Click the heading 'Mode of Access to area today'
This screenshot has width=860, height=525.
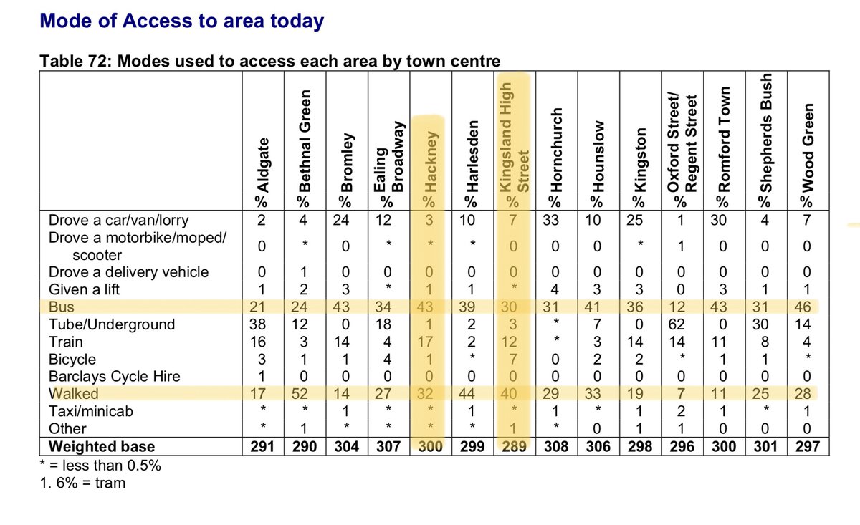pyautogui.click(x=182, y=21)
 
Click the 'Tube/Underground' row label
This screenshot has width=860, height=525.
pyautogui.click(x=111, y=324)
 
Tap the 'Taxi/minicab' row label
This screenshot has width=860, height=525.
pyautogui.click(x=91, y=411)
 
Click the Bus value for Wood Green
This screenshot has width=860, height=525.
pyautogui.click(x=806, y=307)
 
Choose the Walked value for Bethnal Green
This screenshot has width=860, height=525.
pyautogui.click(x=303, y=394)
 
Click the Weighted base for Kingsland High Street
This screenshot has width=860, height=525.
pyautogui.click(x=513, y=446)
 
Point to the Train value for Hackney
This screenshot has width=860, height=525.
pyautogui.click(x=429, y=342)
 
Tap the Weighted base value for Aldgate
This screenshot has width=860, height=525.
pyautogui.click(x=262, y=446)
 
